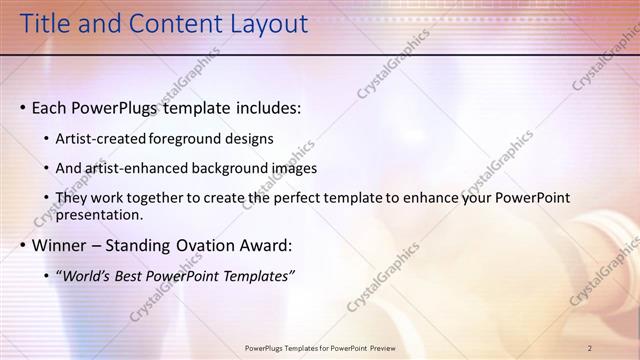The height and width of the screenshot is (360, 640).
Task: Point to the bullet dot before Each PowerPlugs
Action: (x=23, y=108)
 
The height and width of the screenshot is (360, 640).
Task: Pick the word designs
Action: (x=249, y=139)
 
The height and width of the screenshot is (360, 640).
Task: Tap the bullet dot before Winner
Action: (x=23, y=245)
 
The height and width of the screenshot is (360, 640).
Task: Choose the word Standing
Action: (x=141, y=245)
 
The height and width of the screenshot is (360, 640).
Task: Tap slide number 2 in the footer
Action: (x=590, y=348)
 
